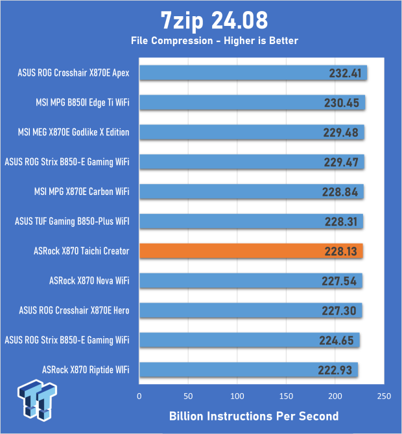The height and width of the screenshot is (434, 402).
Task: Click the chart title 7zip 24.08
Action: coord(201,21)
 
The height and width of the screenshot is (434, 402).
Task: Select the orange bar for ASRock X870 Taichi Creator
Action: coord(250,251)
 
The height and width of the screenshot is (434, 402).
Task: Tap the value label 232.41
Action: coord(345,73)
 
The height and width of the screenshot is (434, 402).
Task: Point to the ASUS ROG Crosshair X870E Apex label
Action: coord(74,73)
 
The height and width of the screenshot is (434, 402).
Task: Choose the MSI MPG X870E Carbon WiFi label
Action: coord(82,192)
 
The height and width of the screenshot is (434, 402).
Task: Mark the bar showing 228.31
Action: coord(250,222)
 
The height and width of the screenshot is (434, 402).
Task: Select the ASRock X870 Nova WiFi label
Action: coord(89,281)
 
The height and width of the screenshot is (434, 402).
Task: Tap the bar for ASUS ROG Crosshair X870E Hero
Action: coord(250,311)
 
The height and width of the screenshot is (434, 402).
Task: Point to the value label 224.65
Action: coord(338,341)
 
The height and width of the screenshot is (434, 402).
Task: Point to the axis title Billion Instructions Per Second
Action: coord(254,415)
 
